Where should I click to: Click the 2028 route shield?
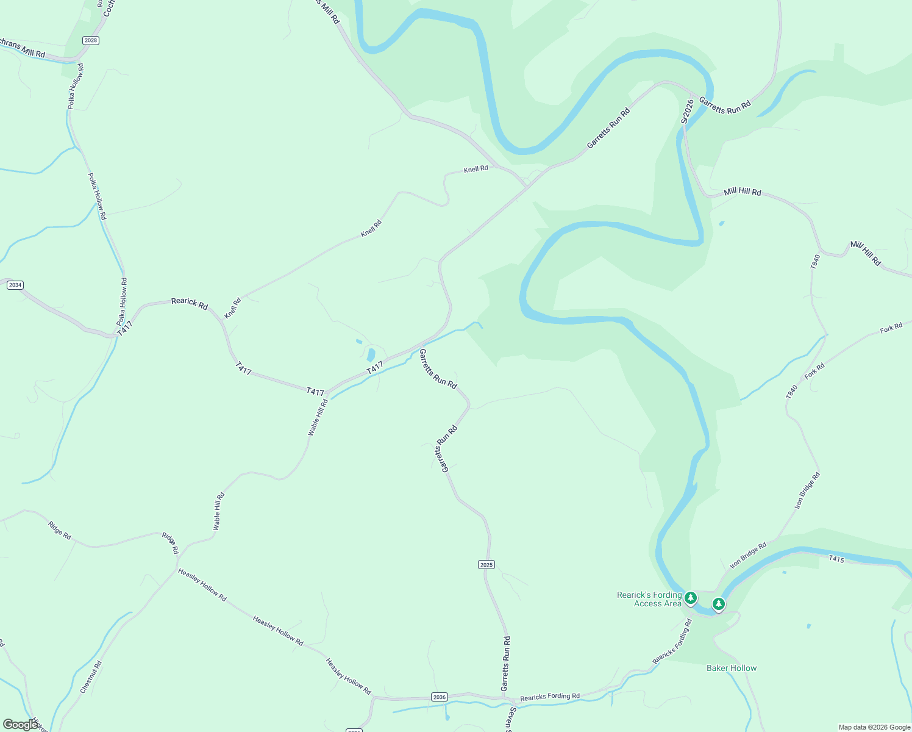pos(90,40)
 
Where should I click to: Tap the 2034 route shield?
pos(15,285)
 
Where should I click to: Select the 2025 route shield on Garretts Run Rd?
pos(486,565)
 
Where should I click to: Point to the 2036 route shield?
pos(439,697)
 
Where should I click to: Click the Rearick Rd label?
pos(189,303)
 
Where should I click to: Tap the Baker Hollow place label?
pos(732,668)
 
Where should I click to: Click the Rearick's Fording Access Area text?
pos(649,599)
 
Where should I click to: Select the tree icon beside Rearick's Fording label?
pos(690,598)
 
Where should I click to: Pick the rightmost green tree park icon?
pos(719,604)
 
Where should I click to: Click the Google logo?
pos(20,724)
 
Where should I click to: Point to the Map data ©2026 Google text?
pos(874,727)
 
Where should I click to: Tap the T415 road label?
pos(836,559)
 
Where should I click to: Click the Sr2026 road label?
pos(687,112)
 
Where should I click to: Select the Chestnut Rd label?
pos(91,677)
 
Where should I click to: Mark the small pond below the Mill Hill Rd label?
pos(722,223)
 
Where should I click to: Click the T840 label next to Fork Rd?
pos(791,392)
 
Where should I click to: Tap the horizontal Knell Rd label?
pos(476,169)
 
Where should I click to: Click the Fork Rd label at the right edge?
pos(891,329)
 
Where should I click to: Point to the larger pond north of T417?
pos(371,354)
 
